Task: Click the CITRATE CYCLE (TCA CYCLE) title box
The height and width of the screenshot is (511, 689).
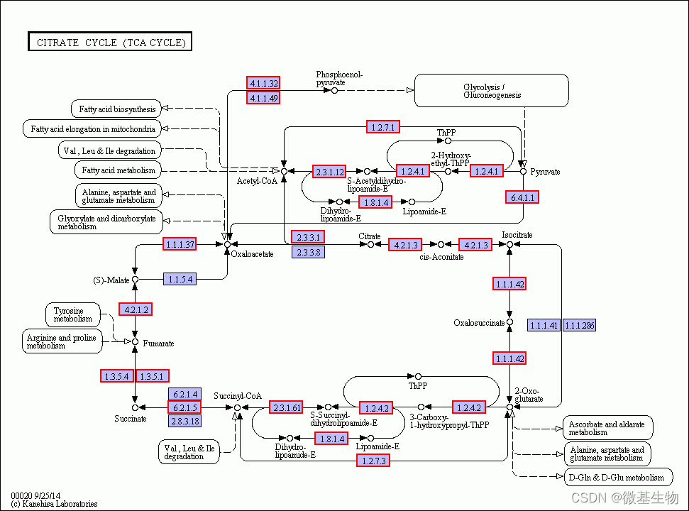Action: (110, 41)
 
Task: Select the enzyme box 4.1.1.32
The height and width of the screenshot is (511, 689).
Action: (263, 82)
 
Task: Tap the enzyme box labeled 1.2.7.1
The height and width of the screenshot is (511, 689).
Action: (382, 127)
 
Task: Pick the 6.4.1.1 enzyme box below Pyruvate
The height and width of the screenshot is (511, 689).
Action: (522, 197)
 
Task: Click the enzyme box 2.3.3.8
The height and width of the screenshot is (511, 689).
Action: (309, 252)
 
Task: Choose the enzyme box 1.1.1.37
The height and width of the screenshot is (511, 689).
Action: (180, 244)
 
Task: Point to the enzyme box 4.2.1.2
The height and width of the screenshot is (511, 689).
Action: (136, 309)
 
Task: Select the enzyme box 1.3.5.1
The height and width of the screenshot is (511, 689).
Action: (152, 376)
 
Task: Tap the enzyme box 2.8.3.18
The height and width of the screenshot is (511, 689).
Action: (185, 421)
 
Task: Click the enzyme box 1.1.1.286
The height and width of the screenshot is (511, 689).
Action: (580, 325)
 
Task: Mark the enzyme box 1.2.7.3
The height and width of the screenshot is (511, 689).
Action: (373, 461)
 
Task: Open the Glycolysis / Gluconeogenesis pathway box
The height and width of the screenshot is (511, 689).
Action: (491, 91)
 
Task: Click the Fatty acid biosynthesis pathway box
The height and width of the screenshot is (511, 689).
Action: (116, 109)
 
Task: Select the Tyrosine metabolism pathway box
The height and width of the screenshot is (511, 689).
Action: (73, 314)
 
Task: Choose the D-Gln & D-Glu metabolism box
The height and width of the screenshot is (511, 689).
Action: (618, 477)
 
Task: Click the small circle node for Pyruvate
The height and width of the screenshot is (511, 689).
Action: (523, 171)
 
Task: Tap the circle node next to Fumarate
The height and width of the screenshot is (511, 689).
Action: (136, 342)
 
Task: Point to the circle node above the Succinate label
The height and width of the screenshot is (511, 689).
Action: (136, 408)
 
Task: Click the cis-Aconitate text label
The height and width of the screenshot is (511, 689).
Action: (441, 257)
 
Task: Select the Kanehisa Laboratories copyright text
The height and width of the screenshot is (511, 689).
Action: (54, 503)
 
